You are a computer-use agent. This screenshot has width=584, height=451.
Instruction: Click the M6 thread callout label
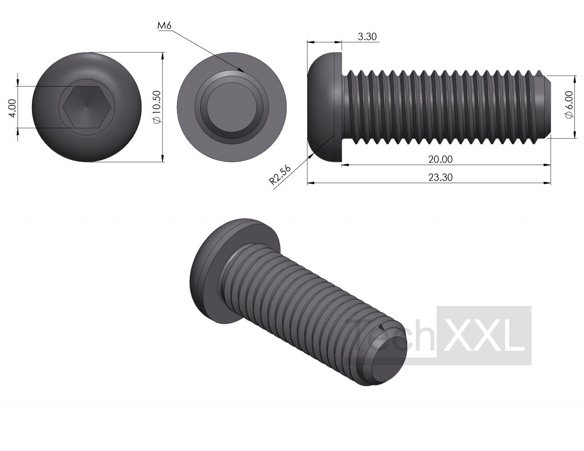(x=164, y=26)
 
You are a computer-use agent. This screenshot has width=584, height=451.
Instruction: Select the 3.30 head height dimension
(x=367, y=36)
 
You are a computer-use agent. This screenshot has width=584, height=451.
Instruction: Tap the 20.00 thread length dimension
(x=440, y=159)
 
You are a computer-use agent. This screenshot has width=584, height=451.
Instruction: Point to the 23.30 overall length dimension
(x=440, y=177)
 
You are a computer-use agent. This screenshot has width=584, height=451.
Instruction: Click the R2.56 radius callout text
(x=280, y=175)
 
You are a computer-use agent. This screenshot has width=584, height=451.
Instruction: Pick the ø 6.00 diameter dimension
(x=569, y=104)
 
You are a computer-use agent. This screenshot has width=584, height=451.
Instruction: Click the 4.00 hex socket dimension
(x=12, y=108)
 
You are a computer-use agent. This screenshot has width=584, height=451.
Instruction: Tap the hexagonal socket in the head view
(x=87, y=107)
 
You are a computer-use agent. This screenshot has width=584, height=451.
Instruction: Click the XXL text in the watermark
(x=484, y=336)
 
